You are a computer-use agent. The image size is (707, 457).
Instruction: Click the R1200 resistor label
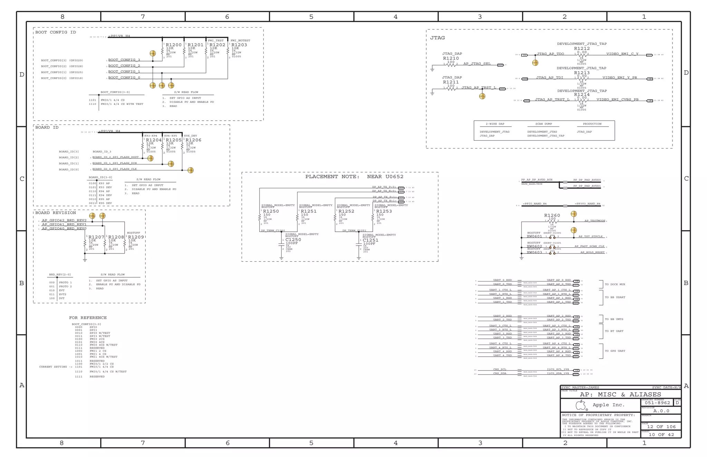[x=173, y=45]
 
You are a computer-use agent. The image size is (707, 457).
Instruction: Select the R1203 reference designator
[x=239, y=45]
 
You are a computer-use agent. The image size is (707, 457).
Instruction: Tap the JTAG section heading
[x=437, y=38]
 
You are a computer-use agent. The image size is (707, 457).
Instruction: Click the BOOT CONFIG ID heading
[x=56, y=32]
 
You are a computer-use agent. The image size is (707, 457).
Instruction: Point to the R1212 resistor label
[x=582, y=49]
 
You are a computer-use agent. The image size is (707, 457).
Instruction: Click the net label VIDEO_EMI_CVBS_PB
[x=617, y=100]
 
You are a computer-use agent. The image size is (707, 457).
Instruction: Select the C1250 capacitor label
[x=293, y=240]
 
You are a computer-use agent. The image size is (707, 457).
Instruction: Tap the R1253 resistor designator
[x=384, y=211]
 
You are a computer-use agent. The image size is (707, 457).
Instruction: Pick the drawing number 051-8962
[x=657, y=403]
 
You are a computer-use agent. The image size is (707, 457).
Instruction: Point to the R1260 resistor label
[x=552, y=216]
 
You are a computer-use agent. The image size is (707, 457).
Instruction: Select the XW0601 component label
[x=534, y=237]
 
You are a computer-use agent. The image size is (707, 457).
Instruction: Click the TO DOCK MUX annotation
[x=615, y=285]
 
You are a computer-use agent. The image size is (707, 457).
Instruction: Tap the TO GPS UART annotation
[x=615, y=351]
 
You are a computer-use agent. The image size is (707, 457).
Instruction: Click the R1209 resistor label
[x=136, y=237]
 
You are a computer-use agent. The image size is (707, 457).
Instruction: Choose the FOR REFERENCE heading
[x=88, y=318]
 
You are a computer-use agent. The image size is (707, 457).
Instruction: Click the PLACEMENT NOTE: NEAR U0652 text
[x=354, y=177]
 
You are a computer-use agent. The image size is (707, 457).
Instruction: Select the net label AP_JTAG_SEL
[x=477, y=64]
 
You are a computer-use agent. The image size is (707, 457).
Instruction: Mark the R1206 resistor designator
[x=193, y=140]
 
